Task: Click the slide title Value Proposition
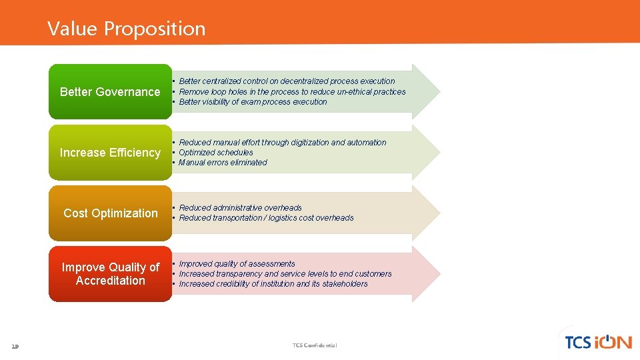coord(126,29)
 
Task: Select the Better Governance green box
coord(110,92)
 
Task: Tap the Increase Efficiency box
coord(110,153)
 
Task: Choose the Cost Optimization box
coord(110,213)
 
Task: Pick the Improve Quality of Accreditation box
coord(110,274)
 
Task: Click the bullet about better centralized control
coord(287,81)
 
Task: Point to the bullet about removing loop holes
coord(292,92)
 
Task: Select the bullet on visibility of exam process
coord(253,102)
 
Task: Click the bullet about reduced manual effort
coord(282,143)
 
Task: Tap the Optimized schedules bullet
coord(216,153)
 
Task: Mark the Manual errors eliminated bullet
coord(223,163)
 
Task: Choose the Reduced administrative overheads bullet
coord(240,208)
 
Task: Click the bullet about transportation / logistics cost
coord(266,218)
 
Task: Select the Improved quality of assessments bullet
coord(237,264)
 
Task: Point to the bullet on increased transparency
coord(285,274)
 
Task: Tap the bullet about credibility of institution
coord(273,284)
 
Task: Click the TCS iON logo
coord(597,342)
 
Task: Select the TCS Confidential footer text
coord(315,345)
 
